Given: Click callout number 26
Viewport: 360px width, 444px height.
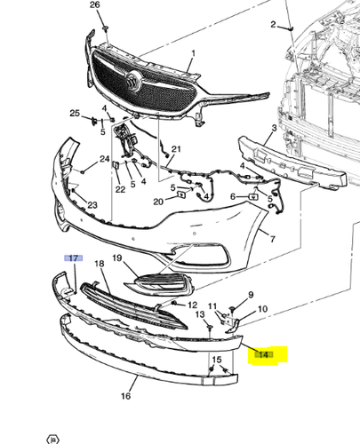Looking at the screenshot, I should [96, 5].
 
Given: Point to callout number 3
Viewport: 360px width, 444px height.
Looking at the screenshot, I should [274, 130].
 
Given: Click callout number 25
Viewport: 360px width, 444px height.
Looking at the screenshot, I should [76, 114].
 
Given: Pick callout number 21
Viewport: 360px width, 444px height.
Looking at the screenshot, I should [176, 148].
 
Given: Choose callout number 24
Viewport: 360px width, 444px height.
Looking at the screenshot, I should [104, 160].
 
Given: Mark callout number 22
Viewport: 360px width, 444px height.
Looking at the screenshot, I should [119, 189].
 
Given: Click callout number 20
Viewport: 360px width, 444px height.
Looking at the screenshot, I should [156, 202].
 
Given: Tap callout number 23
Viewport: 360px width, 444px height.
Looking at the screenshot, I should [92, 206].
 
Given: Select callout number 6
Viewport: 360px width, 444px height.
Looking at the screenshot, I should [234, 196].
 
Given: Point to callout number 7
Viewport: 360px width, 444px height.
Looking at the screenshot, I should [273, 240].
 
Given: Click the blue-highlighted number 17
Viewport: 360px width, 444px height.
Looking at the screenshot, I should [74, 258].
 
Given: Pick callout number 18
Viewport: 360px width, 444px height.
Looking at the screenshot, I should [100, 265].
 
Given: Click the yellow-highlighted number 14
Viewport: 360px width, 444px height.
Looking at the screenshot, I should [263, 355].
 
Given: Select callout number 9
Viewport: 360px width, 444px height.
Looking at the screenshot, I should [250, 295].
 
